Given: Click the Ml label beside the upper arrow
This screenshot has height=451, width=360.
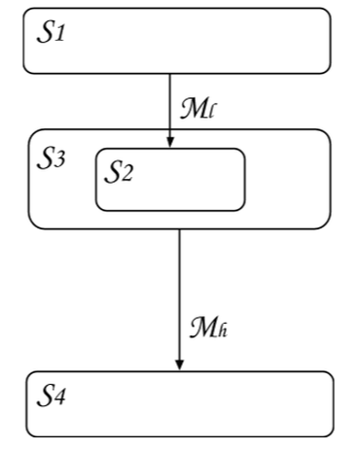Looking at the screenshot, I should coord(198,105).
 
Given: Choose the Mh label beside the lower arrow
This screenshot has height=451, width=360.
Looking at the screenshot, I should coord(208,328).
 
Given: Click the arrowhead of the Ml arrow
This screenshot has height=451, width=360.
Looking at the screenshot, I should coord(170,142).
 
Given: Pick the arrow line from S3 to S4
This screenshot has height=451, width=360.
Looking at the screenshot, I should coord(180,292).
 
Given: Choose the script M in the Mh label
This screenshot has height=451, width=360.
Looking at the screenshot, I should coord(202,328).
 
